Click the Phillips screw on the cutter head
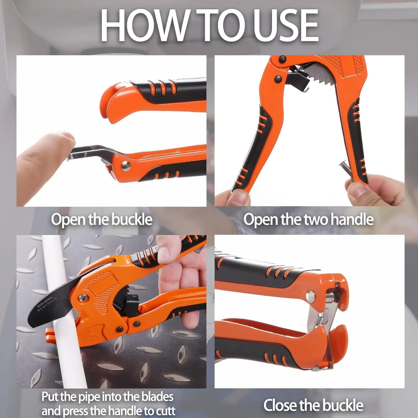pyautogui.click(x=83, y=298)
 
